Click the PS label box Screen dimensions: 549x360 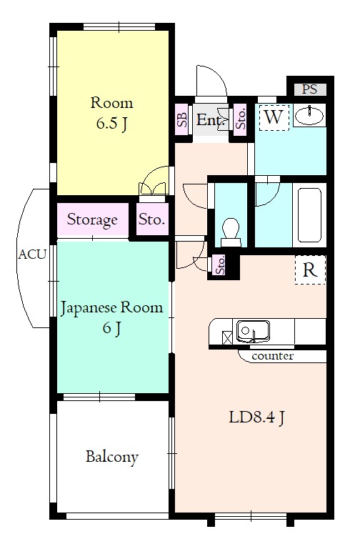click(309, 89)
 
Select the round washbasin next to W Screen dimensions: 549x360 click(309, 117)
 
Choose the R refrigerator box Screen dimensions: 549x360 click(310, 270)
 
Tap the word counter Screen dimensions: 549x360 click(272, 355)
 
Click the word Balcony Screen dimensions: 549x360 click(111, 456)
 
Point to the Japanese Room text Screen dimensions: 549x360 click(111, 309)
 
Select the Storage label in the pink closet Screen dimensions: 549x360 click(92, 219)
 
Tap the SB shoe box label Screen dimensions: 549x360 click(181, 119)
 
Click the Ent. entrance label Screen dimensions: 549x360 click(211, 120)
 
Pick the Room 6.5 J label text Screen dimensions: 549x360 click(111, 113)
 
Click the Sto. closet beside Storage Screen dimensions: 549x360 click(151, 219)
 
